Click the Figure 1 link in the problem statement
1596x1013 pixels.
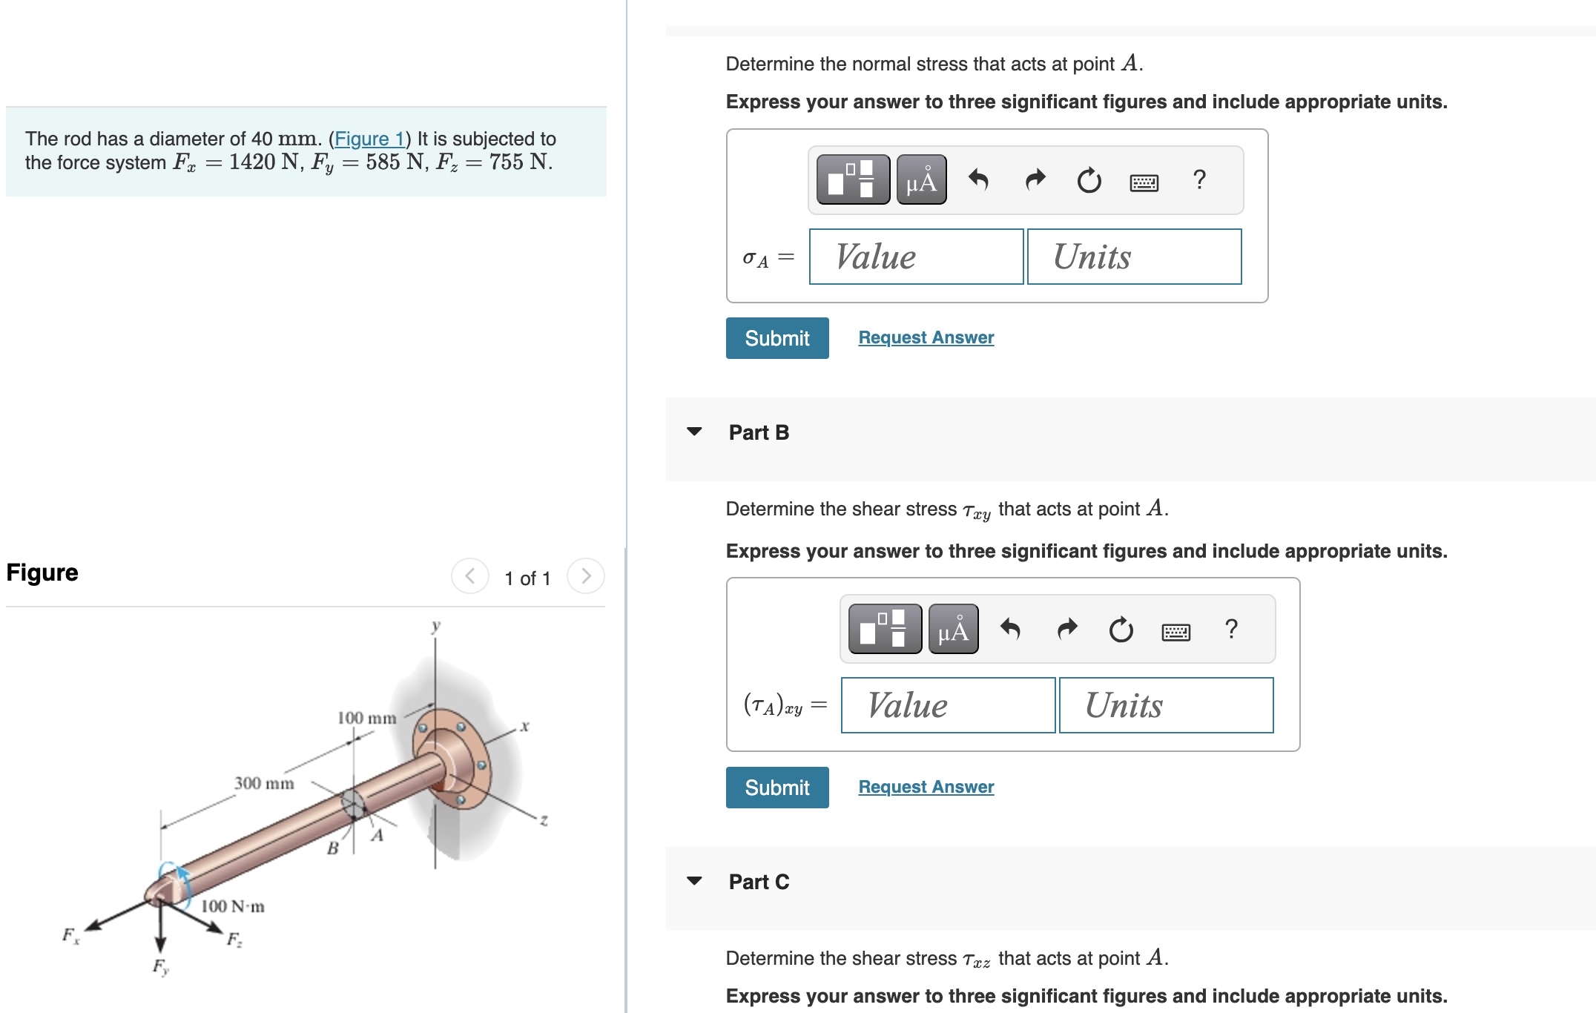[x=369, y=139]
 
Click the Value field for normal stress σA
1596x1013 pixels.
[x=916, y=257]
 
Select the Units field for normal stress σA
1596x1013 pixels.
[x=1134, y=257]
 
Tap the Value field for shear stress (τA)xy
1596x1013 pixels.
[x=948, y=705]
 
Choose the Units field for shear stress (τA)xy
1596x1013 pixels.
[x=1166, y=705]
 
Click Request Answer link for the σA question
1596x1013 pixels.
[x=926, y=337]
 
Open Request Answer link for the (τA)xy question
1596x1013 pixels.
[x=926, y=787]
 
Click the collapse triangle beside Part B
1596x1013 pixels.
[x=694, y=432]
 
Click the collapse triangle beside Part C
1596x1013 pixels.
[x=694, y=881]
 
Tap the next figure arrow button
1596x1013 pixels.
[x=586, y=576]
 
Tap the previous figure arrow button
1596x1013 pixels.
[x=470, y=576]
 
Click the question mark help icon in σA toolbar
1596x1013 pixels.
[x=1199, y=179]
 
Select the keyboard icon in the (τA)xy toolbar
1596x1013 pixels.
[x=1175, y=631]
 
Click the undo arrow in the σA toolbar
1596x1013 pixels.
[x=978, y=179]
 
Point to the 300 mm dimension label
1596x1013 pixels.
[x=264, y=783]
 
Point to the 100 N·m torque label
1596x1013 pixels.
[x=233, y=906]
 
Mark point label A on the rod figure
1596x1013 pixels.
[x=377, y=836]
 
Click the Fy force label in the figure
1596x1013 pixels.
[x=160, y=967]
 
